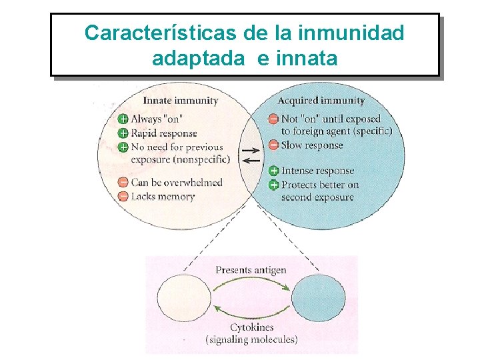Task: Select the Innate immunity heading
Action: [181, 101]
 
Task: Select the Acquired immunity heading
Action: [321, 101]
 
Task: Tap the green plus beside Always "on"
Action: [123, 119]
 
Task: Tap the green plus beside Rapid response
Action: [123, 133]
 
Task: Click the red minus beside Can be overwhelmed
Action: [123, 183]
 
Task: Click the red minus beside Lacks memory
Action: [123, 197]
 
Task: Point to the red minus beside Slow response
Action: [274, 145]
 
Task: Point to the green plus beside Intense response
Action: [274, 171]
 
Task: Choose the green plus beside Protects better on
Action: [274, 185]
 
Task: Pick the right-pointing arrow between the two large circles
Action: [251, 150]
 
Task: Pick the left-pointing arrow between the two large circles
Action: [251, 161]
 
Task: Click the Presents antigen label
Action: [251, 270]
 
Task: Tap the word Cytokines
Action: [251, 327]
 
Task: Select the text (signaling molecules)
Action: [251, 339]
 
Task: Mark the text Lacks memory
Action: [163, 197]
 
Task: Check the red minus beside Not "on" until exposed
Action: [274, 119]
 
